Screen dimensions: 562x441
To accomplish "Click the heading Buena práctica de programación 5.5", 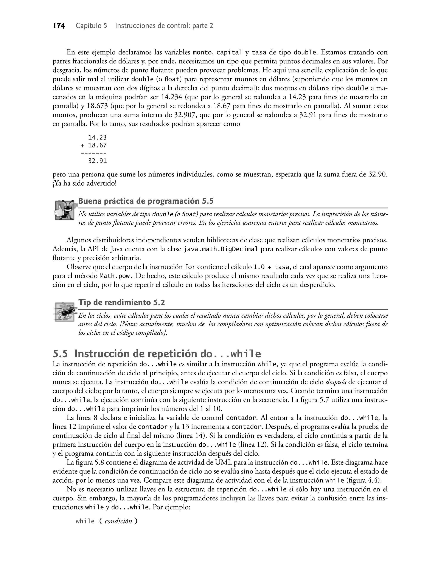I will click(x=146, y=201).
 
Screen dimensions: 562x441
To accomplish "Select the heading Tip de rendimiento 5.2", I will click(x=121, y=302).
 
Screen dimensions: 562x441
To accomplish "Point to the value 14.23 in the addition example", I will click(x=97, y=138).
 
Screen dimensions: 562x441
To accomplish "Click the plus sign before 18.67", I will click(x=82, y=146).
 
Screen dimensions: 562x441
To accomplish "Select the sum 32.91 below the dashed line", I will click(x=97, y=161).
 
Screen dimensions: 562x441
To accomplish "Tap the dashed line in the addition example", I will click(x=93, y=153).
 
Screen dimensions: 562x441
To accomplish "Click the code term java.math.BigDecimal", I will click(x=220, y=249).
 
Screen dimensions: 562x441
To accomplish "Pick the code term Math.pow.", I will click(x=116, y=276).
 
